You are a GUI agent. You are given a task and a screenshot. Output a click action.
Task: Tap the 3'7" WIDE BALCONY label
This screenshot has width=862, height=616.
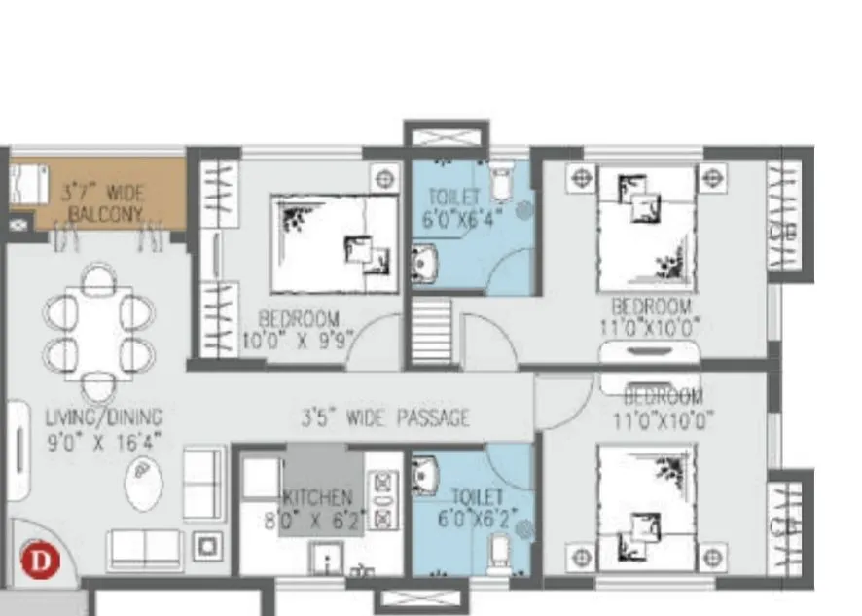pyautogui.click(x=102, y=201)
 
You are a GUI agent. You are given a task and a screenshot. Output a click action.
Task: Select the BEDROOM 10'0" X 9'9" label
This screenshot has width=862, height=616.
pyautogui.click(x=300, y=330)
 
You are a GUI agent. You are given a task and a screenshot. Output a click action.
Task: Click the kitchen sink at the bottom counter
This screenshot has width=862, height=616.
pyautogui.click(x=325, y=558)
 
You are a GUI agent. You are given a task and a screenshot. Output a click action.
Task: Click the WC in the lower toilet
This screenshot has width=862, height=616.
pyautogui.click(x=497, y=551)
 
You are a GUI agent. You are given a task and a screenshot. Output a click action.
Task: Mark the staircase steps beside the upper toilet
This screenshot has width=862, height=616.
pyautogui.click(x=431, y=331)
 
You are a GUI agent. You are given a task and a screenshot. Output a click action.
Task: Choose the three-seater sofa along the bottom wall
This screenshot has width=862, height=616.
pyautogui.click(x=145, y=550)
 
